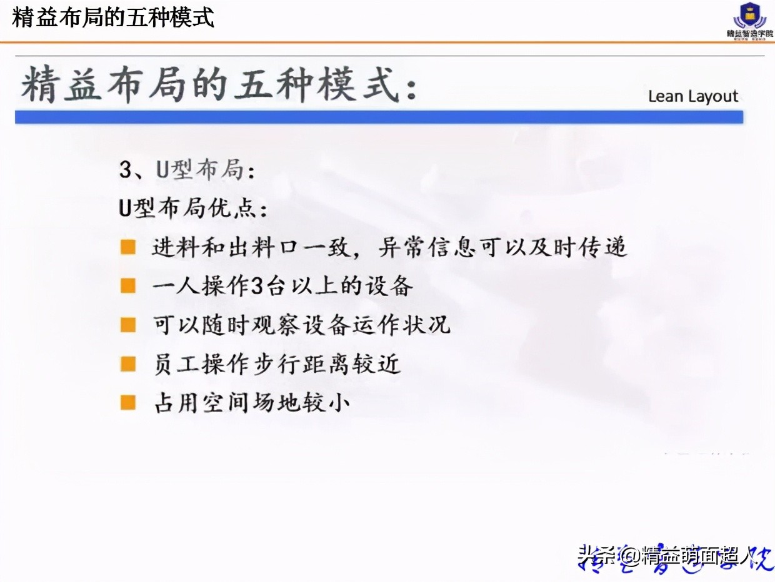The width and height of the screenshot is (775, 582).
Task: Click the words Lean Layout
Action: [693, 96]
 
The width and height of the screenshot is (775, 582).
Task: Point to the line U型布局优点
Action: [192, 209]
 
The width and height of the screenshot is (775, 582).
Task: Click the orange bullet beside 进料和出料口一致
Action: [128, 247]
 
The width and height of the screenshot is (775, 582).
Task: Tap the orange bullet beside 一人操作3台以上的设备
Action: [128, 286]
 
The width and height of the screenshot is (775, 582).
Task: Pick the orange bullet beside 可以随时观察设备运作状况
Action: [128, 325]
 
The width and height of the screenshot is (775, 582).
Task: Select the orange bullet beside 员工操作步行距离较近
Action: [128, 363]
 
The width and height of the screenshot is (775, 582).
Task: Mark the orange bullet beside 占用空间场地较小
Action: [128, 402]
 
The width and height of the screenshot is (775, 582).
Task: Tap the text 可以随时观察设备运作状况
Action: [301, 325]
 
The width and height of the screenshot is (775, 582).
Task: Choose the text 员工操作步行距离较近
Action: [276, 363]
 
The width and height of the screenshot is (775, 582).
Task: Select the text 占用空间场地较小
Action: [251, 402]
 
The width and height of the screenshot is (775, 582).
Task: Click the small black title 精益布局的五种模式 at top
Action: [113, 17]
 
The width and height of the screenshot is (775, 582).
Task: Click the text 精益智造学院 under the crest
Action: [749, 33]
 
